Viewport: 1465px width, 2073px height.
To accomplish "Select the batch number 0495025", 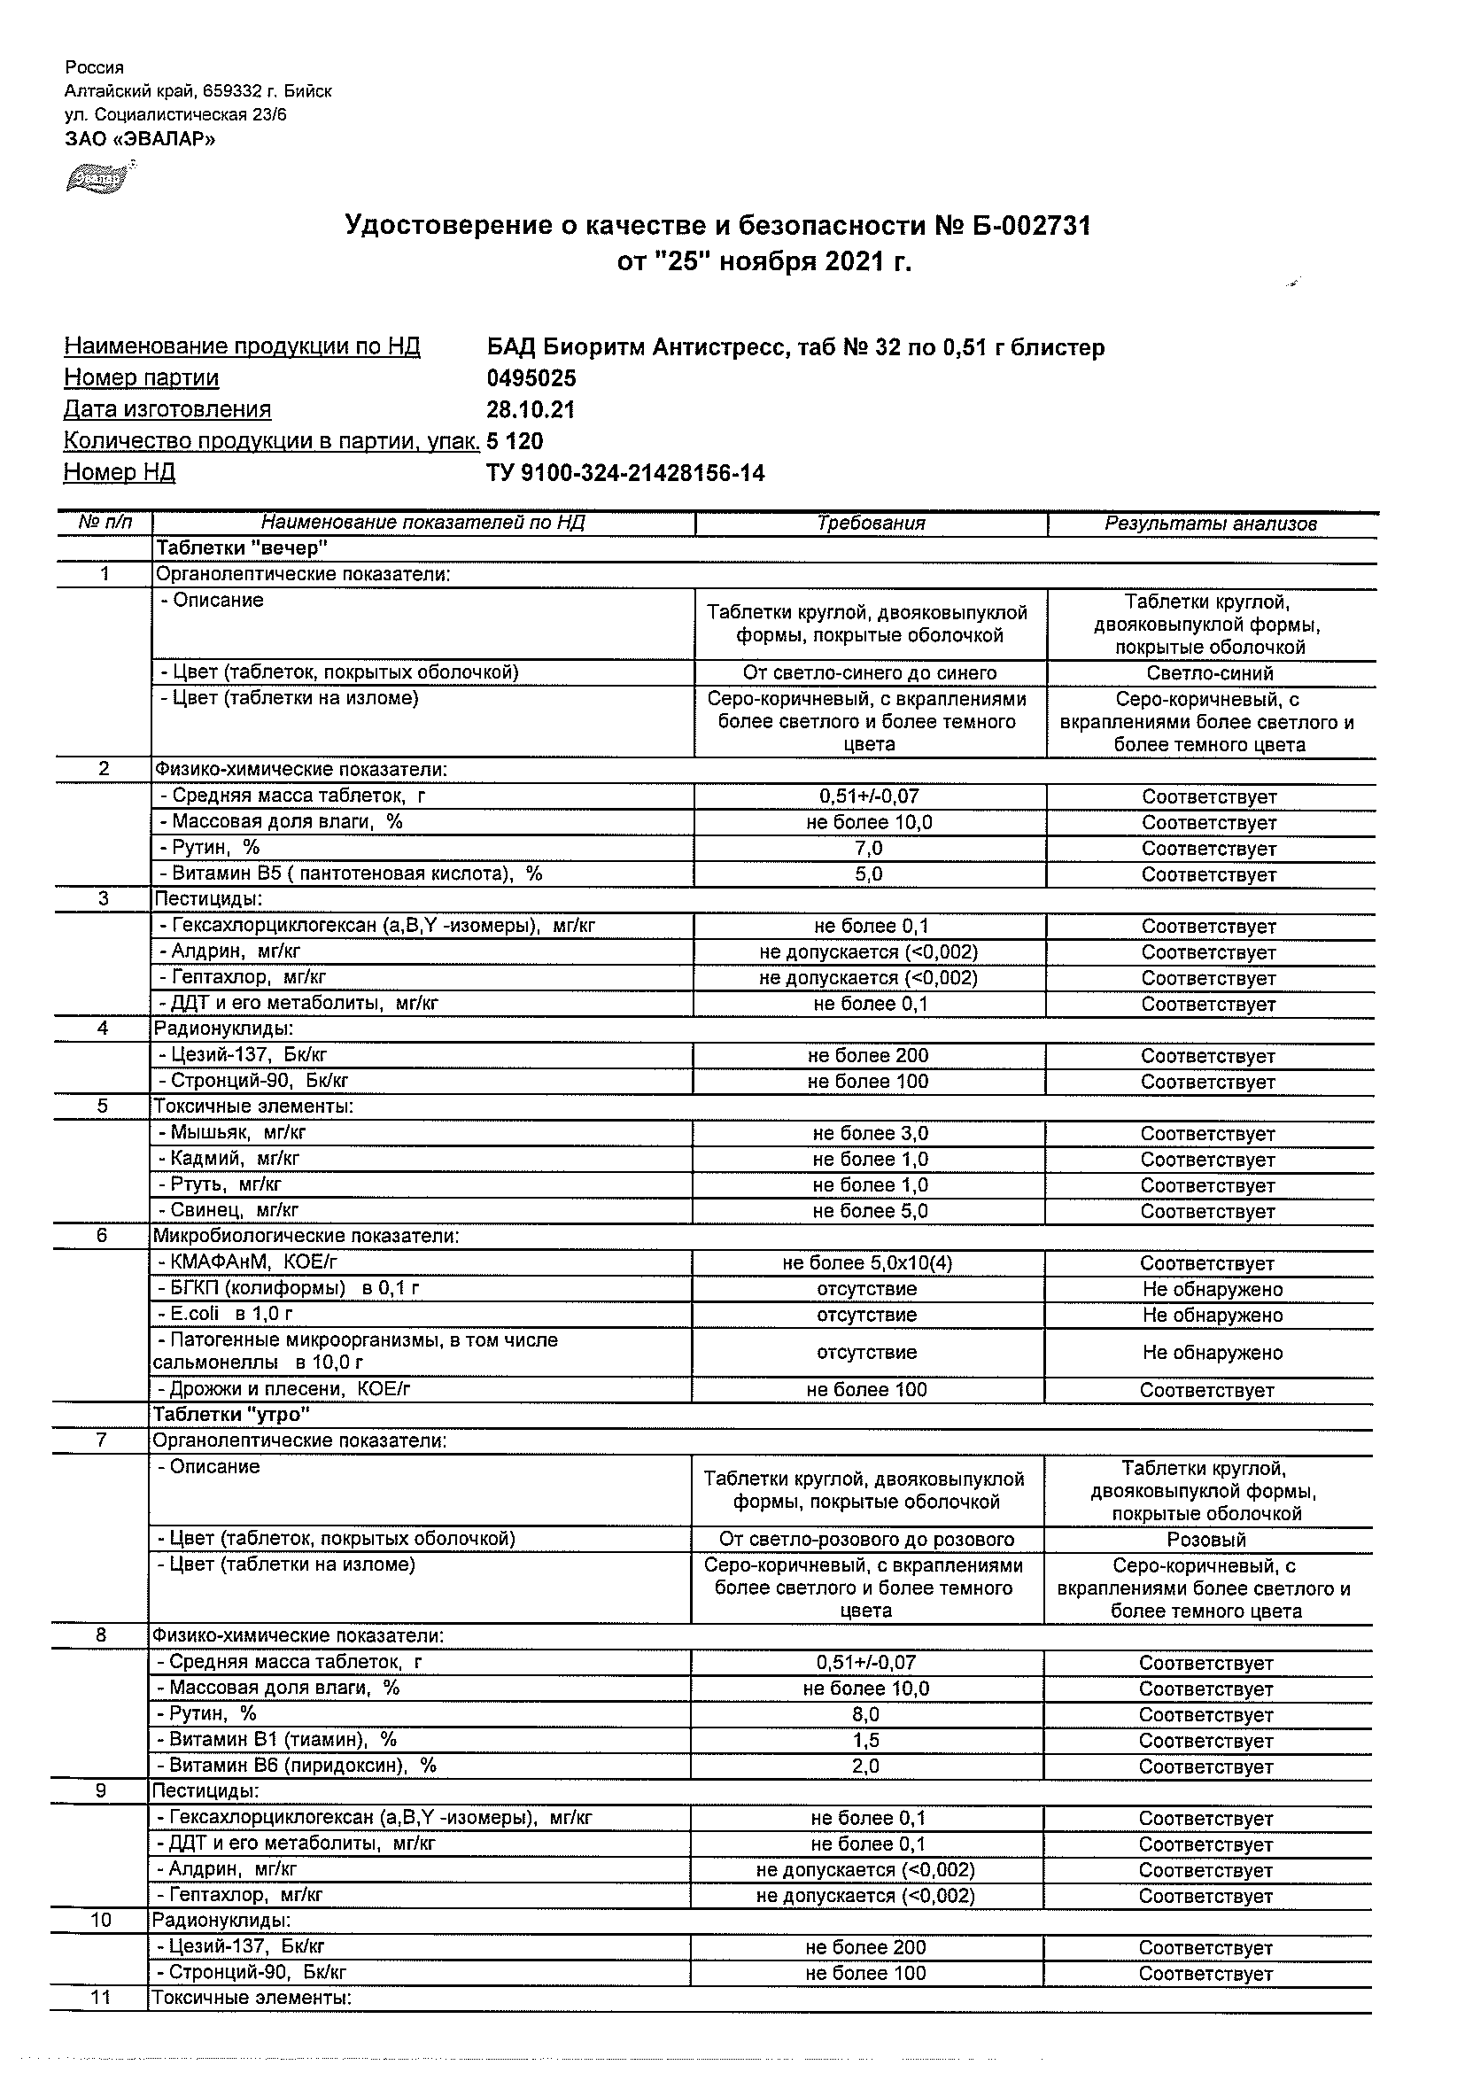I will tap(531, 378).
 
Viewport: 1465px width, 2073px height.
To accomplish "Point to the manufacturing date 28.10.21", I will tap(530, 410).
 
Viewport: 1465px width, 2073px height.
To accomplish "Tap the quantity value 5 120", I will tap(515, 441).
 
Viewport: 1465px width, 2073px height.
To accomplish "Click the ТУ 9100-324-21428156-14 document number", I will tap(624, 473).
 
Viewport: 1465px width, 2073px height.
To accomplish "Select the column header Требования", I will tap(870, 524).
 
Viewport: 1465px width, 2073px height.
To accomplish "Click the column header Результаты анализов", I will tap(1211, 524).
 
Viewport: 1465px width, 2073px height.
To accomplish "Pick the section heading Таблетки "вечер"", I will tap(242, 548).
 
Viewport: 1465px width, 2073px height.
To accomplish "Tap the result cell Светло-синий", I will tap(1210, 673).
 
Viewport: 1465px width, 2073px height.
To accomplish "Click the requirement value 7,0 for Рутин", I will tap(868, 849).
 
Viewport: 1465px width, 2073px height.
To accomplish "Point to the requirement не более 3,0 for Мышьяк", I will tap(869, 1134).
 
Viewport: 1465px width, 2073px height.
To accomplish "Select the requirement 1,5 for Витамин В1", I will tap(864, 1740).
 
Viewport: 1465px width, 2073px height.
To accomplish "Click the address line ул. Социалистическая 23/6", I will tap(175, 114).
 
